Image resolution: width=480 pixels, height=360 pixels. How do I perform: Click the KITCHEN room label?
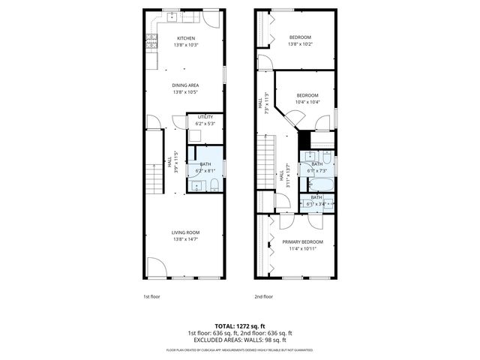pyautogui.click(x=185, y=38)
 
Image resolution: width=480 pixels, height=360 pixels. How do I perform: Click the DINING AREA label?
pyautogui.click(x=185, y=85)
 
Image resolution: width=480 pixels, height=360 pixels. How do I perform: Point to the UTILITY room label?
pyautogui.click(x=205, y=117)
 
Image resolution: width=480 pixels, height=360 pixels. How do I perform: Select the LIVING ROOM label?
pyautogui.click(x=185, y=232)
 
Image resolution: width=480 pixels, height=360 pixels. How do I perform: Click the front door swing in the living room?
pyautogui.click(x=156, y=266)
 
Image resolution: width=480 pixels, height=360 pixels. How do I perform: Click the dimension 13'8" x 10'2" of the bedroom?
pyautogui.click(x=300, y=43)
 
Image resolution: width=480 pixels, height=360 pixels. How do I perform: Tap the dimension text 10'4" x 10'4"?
pyautogui.click(x=307, y=102)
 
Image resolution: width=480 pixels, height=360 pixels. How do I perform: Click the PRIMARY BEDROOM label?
pyautogui.click(x=302, y=241)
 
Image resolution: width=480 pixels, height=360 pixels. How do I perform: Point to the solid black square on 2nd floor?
pyautogui.click(x=304, y=139)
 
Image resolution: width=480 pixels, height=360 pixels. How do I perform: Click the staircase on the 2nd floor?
pyautogui.click(x=267, y=161)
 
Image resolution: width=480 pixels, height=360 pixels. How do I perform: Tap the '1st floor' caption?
pyautogui.click(x=152, y=296)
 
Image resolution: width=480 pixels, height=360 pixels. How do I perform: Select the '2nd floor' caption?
pyautogui.click(x=263, y=296)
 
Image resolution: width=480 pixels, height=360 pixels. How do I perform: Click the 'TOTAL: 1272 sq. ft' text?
pyautogui.click(x=240, y=326)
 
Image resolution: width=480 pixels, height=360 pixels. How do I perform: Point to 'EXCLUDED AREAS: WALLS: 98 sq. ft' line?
pyautogui.click(x=240, y=340)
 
